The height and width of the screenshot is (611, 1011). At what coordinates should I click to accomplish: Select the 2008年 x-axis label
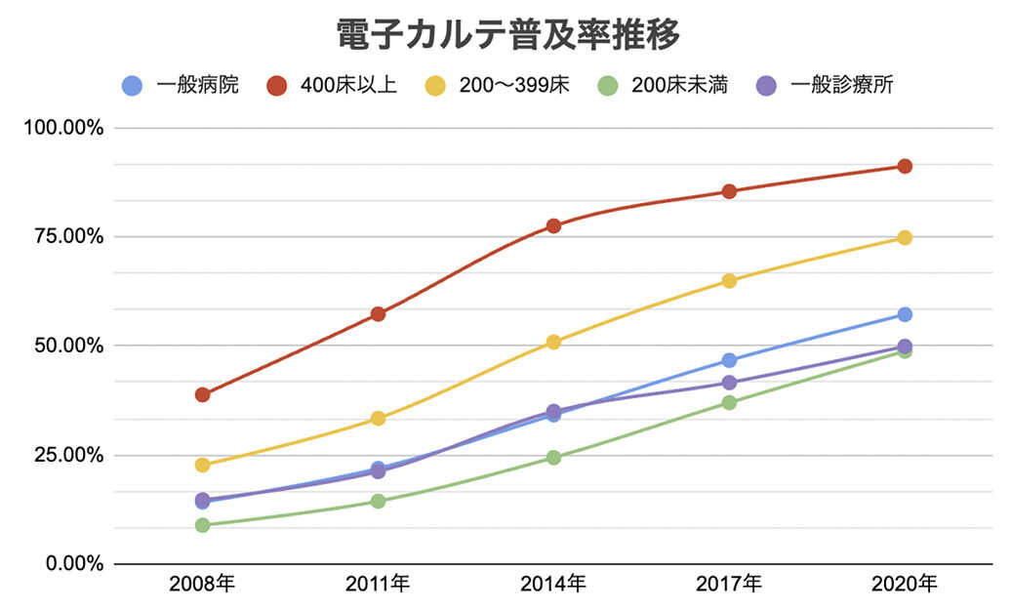tap(202, 585)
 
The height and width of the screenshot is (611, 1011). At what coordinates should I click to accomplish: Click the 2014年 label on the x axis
tap(553, 585)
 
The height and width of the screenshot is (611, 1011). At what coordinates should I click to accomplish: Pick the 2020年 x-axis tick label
tap(905, 585)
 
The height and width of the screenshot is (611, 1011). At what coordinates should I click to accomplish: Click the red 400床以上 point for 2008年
tap(202, 394)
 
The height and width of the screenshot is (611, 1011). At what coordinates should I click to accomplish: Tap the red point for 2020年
tap(905, 166)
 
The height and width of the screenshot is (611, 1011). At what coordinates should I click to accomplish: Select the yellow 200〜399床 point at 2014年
tap(553, 342)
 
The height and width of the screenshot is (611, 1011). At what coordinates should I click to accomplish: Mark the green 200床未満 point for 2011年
tap(378, 501)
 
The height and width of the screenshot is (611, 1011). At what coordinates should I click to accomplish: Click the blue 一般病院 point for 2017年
tap(729, 360)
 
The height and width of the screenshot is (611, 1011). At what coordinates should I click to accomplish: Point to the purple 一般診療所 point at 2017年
tap(729, 383)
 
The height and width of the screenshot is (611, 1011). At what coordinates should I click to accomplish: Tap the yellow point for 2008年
tap(202, 465)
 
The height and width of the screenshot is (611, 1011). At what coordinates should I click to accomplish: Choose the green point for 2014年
tap(553, 457)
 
